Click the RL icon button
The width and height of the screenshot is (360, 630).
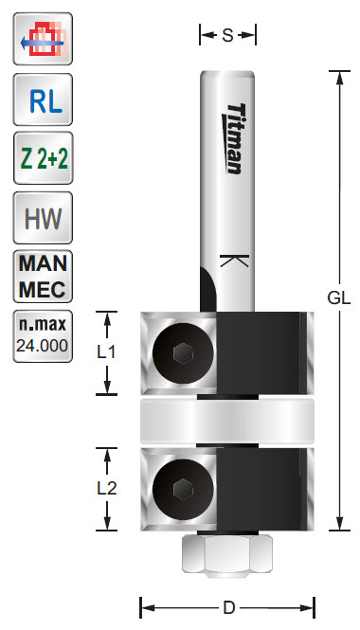(x=43, y=99)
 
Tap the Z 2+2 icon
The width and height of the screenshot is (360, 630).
(x=43, y=158)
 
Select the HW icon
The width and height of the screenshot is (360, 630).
(x=43, y=217)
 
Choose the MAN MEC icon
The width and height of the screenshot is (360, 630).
(x=43, y=277)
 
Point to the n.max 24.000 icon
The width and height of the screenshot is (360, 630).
(x=43, y=336)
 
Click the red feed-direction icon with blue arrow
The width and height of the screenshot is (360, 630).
(x=43, y=39)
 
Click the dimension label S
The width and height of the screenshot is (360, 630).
(x=227, y=36)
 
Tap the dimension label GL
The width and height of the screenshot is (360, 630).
(x=339, y=298)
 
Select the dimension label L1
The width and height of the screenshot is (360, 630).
(x=106, y=352)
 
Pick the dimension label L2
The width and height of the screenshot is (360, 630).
(x=107, y=488)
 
